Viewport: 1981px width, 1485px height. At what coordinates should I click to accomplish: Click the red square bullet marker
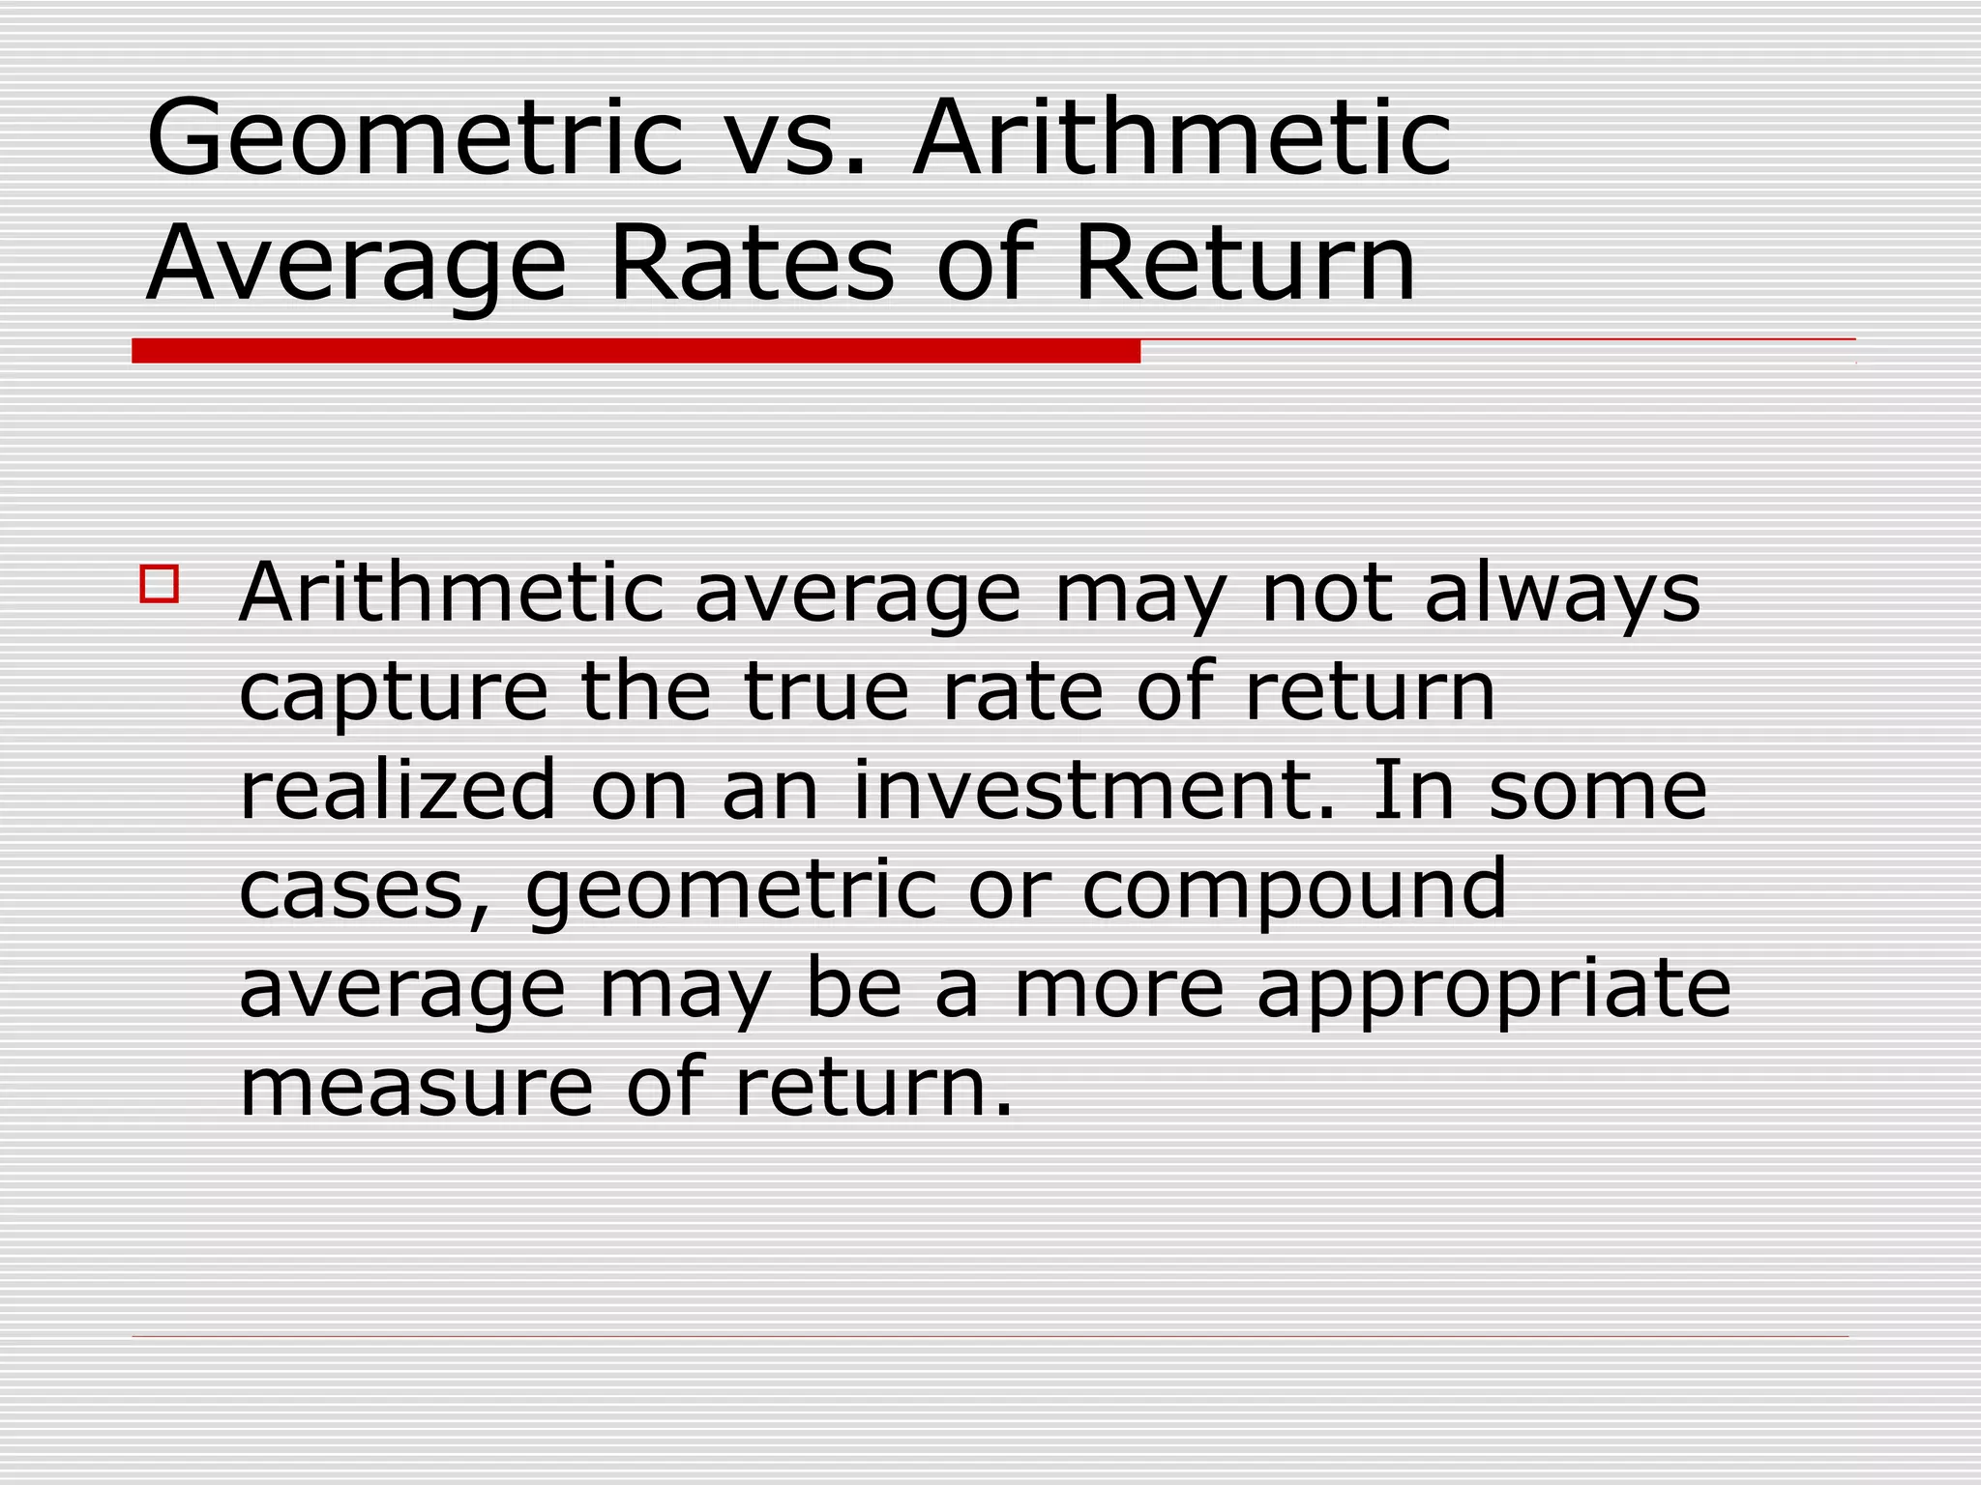tap(160, 584)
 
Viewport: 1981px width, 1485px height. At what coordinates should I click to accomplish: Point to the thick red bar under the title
tap(636, 351)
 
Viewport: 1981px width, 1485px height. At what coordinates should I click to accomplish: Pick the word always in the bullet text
tap(1562, 594)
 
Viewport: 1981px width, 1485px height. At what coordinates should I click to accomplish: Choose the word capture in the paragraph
tap(393, 693)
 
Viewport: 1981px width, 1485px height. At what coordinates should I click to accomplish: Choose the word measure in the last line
tap(416, 1088)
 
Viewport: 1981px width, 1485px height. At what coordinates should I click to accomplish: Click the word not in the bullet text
tap(1325, 594)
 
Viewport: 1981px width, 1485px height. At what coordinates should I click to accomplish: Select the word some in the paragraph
tap(1597, 792)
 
